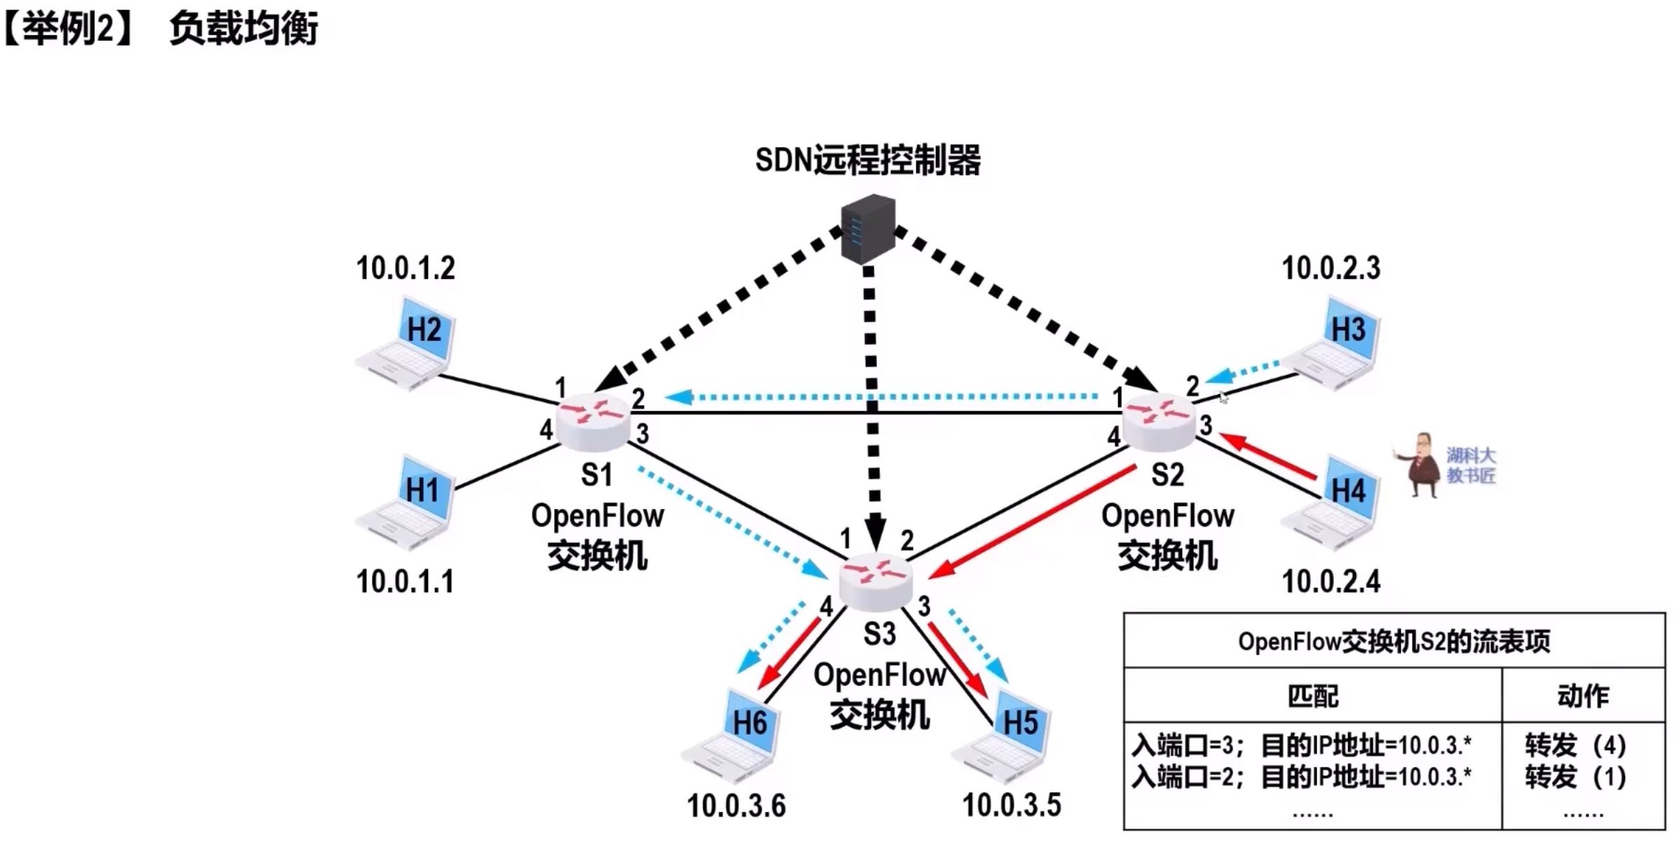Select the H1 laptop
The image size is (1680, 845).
409,502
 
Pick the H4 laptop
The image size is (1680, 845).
1333,502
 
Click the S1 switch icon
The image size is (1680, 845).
594,421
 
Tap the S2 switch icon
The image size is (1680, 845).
1159,421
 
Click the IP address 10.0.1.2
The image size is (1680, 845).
406,269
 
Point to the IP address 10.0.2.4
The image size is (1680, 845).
1331,582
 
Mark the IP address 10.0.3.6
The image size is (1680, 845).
736,806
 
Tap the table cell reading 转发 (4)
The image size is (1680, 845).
1576,745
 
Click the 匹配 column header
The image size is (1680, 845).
1313,696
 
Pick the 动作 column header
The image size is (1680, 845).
1583,696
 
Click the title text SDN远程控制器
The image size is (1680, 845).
868,161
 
